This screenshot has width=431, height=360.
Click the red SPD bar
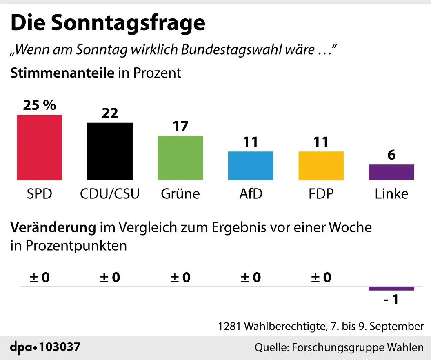39,147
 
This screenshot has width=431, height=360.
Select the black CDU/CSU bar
110,151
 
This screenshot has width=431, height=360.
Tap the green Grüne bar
180,158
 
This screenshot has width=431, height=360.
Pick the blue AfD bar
251,166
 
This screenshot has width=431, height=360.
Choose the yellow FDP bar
321,166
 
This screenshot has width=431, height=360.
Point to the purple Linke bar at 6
391,172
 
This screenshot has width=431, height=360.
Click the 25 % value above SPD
39,105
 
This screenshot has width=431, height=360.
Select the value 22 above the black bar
110,113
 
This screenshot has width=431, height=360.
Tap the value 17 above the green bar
180,126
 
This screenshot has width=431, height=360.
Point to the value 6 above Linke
391,155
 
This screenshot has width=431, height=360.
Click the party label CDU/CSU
110,193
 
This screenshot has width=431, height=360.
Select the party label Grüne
180,193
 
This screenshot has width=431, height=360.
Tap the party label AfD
251,193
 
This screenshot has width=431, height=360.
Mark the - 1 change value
391,300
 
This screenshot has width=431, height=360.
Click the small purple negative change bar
391,289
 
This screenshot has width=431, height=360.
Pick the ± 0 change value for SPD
39,278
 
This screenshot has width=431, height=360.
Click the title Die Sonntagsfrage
108,23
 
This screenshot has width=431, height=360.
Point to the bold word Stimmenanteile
62,73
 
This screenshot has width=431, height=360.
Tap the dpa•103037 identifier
45,347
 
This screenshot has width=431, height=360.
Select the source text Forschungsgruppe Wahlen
357,347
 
